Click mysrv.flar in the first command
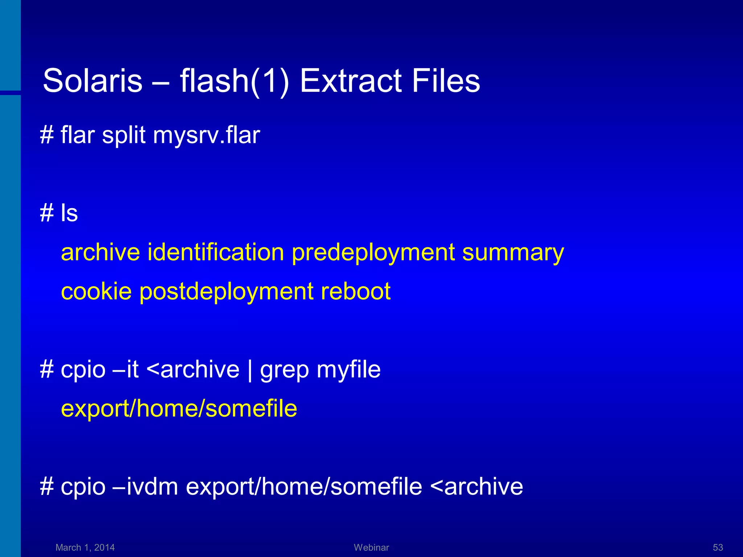click(x=206, y=136)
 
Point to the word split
click(x=124, y=136)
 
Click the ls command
click(x=69, y=213)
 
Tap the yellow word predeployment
click(x=373, y=253)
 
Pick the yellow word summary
click(x=513, y=253)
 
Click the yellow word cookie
click(x=96, y=291)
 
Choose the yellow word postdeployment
click(x=226, y=292)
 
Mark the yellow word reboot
click(x=356, y=291)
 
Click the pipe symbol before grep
click(x=250, y=370)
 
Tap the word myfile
click(x=349, y=370)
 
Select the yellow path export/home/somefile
click(x=179, y=409)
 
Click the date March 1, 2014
click(x=85, y=547)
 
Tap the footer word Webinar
click(x=371, y=547)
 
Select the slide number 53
click(x=718, y=547)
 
